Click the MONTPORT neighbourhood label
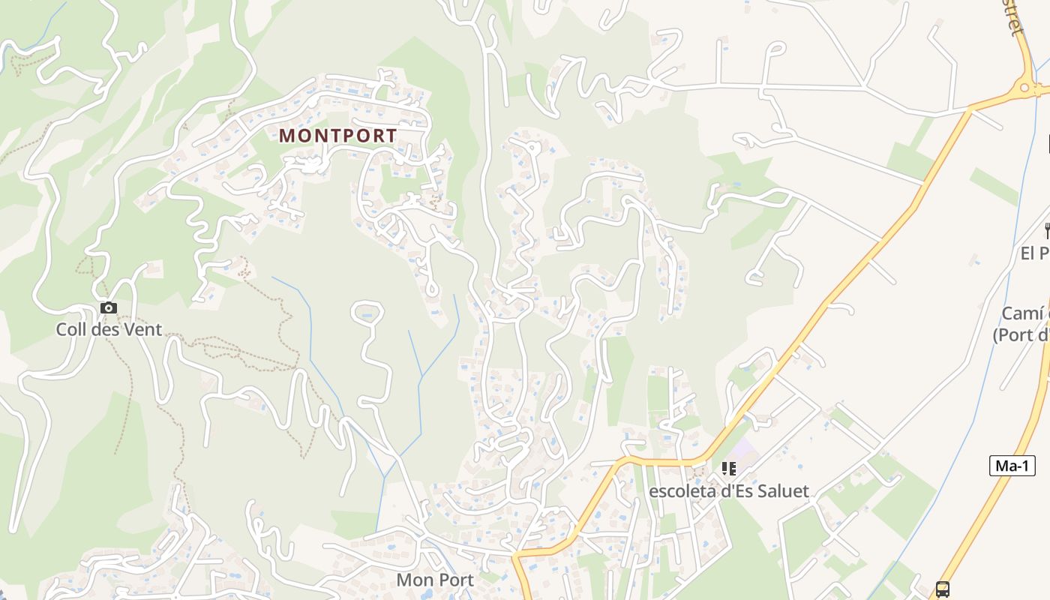coord(337,136)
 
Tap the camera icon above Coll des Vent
coord(109,307)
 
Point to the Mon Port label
coord(435,580)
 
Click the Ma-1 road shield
coord(1012,466)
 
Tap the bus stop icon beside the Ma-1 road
coord(943,589)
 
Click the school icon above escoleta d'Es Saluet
coord(728,469)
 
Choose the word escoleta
coord(679,491)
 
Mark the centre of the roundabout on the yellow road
coord(1024,88)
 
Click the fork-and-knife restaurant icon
coord(1047,230)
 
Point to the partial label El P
coord(1035,253)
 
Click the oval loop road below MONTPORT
coord(367,310)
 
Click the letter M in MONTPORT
coord(287,136)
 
